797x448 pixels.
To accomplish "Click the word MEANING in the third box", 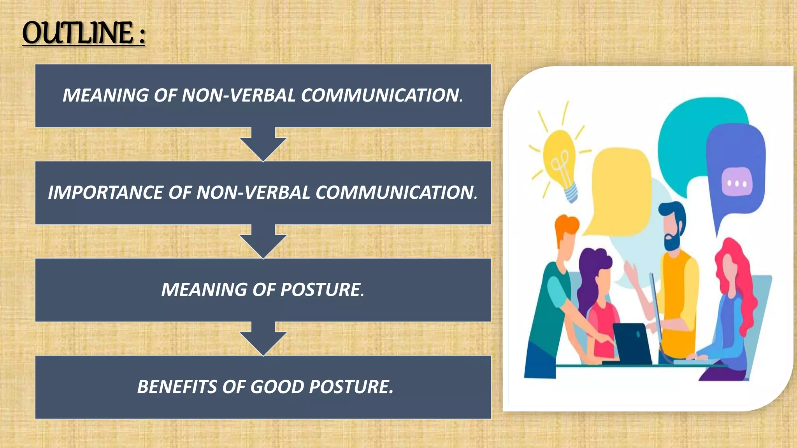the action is (x=204, y=290).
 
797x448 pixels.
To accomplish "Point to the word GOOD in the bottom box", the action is (x=277, y=387).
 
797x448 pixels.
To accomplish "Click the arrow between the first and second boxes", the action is (x=263, y=144).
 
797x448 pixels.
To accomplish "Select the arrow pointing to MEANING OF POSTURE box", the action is (x=263, y=241).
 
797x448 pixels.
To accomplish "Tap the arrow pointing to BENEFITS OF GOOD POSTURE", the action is (x=263, y=339).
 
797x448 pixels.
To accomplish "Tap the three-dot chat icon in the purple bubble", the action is (x=737, y=182).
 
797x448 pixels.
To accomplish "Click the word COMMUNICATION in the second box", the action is (x=396, y=193).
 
